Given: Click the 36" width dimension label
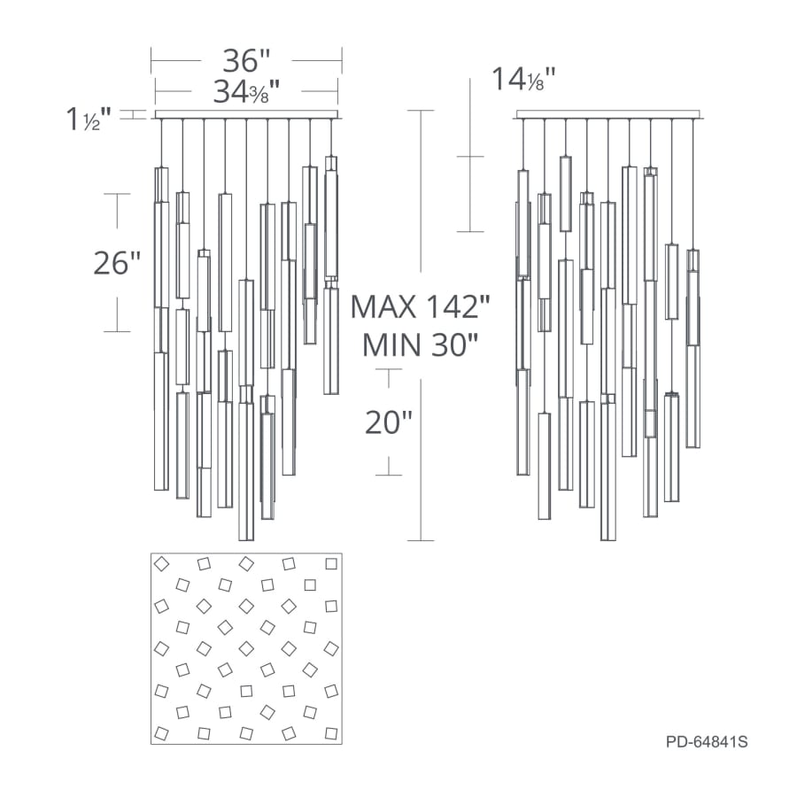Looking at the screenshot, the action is pos(246,60).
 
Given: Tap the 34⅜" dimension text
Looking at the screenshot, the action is pos(246,92).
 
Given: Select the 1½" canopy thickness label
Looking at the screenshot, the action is pos(89,120).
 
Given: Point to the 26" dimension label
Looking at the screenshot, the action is pos(117,263).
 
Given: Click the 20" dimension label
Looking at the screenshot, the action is pos(389,422).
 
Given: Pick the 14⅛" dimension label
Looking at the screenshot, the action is pos(523,80).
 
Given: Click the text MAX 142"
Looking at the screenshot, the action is pos(421,307).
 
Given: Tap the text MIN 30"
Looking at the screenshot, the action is pos(421,345).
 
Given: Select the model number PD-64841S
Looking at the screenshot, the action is pos(707,741).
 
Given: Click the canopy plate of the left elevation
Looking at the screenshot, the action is pos(246,115).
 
